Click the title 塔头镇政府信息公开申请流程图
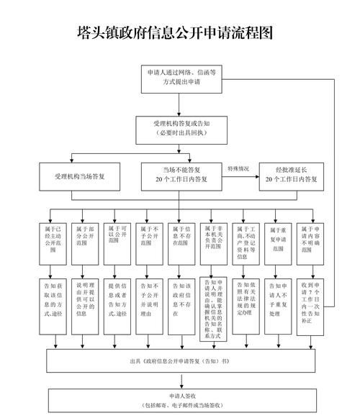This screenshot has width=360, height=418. tap(176, 33)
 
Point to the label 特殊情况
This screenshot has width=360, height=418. tap(240, 168)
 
